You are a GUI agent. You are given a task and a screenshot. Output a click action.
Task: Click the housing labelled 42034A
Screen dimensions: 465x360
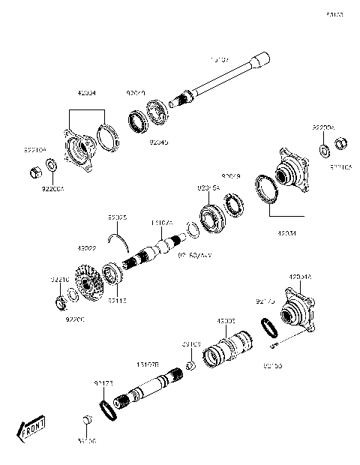298,310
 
